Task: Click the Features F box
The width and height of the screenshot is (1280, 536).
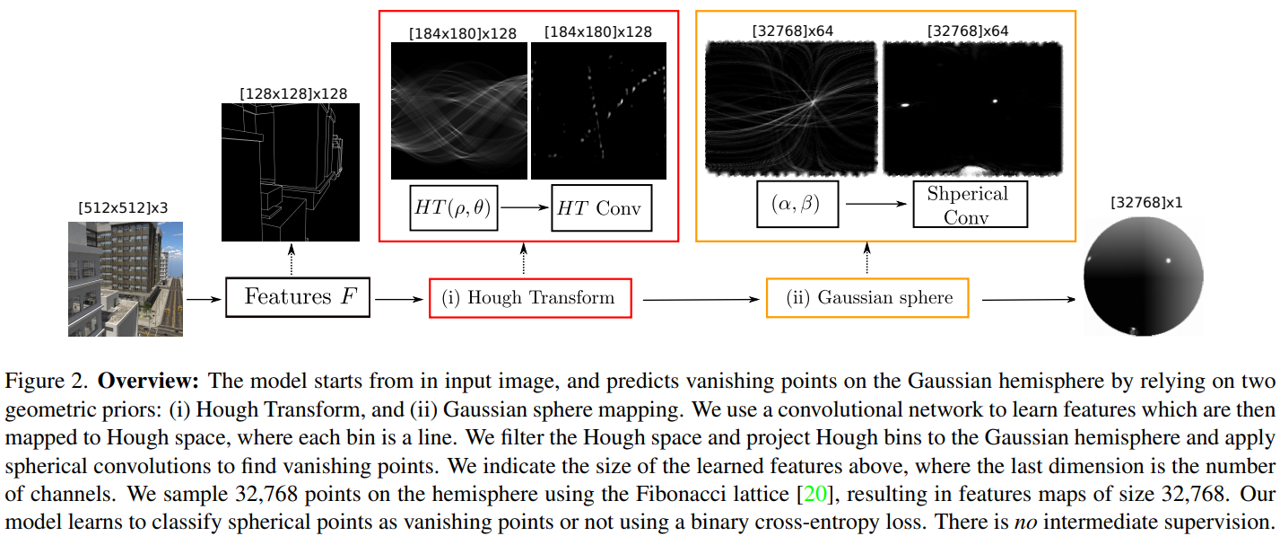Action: [x=297, y=296]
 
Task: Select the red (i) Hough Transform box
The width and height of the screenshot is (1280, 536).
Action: [x=530, y=298]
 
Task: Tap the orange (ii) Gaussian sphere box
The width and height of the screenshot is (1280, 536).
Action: [x=867, y=298]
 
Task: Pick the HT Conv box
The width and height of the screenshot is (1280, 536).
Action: [x=601, y=207]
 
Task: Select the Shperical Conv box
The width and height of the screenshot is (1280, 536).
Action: [x=968, y=205]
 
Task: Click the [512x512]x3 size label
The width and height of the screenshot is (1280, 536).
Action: [x=124, y=208]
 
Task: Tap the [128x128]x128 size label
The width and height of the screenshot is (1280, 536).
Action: [x=292, y=92]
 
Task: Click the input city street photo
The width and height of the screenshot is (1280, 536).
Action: [x=126, y=279]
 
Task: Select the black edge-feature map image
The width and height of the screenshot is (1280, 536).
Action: [x=291, y=172]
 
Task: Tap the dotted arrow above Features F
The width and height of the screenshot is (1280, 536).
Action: [x=292, y=261]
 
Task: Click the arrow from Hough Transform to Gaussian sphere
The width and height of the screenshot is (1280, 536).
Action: [x=698, y=299]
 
